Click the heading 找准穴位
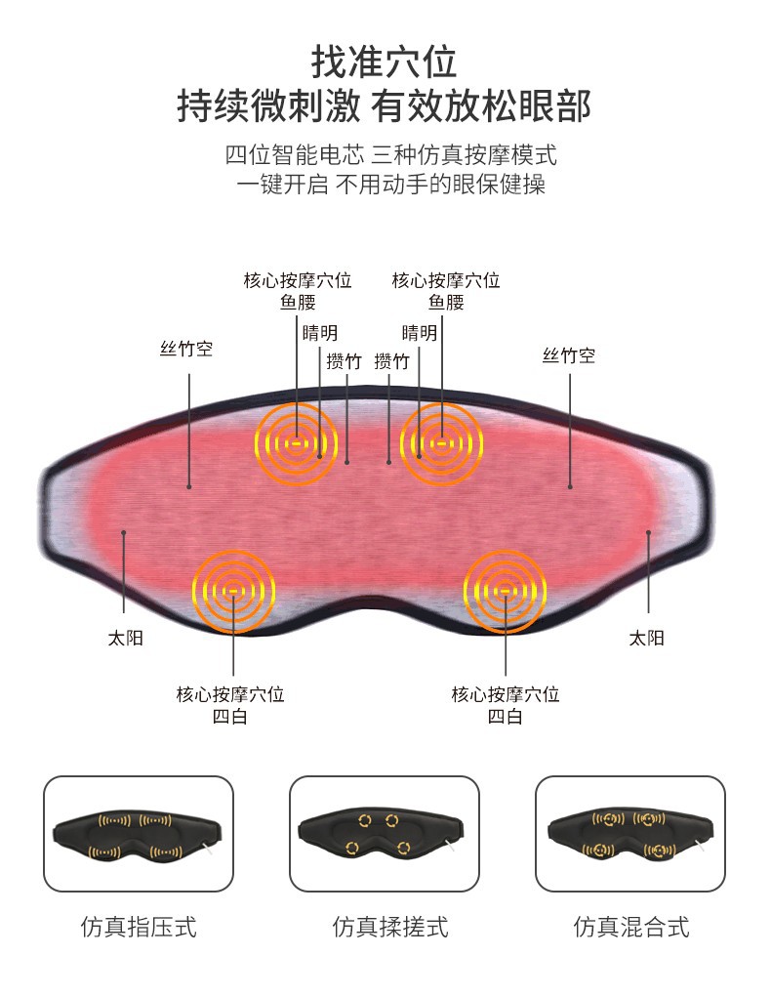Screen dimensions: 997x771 385,63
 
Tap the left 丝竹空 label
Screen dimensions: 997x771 186,350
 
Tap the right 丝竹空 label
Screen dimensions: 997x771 569,355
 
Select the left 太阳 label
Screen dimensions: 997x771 125,639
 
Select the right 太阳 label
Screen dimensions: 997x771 646,639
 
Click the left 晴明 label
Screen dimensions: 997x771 320,333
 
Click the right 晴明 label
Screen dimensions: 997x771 420,333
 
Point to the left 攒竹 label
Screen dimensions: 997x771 344,361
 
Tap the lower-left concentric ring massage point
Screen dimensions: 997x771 234,590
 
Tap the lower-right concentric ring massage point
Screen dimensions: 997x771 505,590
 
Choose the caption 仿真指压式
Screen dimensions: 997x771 139,927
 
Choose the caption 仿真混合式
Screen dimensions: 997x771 631,927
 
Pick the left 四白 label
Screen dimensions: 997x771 230,717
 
